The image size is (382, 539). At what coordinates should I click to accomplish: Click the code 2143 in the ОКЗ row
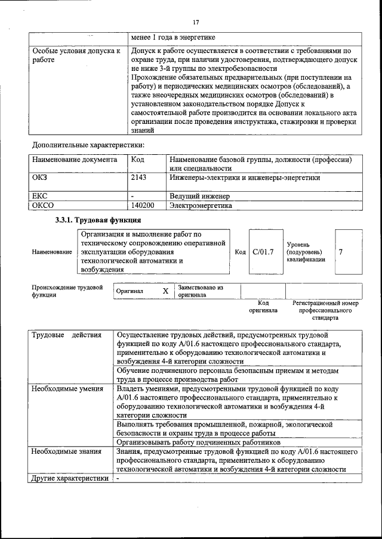point(138,177)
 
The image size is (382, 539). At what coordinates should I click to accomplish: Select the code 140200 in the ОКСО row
point(143,205)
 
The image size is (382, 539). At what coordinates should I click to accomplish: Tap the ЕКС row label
point(40,195)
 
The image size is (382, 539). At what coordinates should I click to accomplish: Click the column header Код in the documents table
point(137,160)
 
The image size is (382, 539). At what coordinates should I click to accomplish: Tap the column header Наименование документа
point(70,160)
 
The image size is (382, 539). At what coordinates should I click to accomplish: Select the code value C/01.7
point(263,252)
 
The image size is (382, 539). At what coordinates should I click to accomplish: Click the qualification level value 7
point(340,252)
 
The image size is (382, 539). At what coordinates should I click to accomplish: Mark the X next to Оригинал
point(165,291)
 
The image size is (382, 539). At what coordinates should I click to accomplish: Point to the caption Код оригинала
point(263,306)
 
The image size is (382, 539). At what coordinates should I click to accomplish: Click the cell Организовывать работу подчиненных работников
point(198,443)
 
